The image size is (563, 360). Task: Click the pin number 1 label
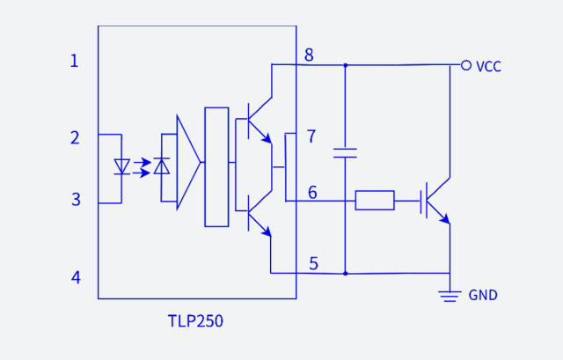75,61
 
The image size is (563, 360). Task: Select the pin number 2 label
75,137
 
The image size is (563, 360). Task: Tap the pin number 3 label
75,200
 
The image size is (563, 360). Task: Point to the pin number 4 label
75,277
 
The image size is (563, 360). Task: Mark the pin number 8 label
309,55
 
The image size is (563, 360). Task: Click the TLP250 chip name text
195,321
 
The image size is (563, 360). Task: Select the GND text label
483,296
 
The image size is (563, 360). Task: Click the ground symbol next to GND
450,295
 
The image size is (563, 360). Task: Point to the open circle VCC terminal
466,64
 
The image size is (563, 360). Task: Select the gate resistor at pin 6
375,201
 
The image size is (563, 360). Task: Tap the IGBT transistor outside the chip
436,201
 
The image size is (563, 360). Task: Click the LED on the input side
122,165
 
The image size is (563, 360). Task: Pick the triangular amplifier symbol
187,163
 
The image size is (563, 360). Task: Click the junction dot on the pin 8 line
345,64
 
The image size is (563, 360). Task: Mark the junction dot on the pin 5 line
345,273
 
